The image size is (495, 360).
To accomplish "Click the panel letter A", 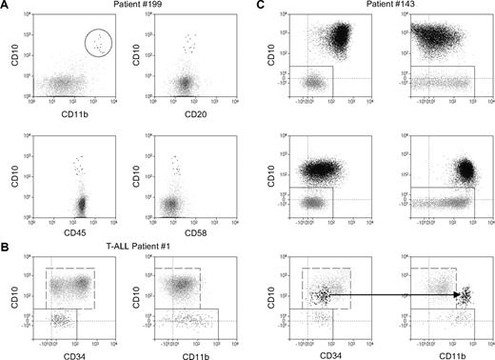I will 6,7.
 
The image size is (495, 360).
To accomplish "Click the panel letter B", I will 6,247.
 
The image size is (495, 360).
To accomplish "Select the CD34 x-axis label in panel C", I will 330,353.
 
